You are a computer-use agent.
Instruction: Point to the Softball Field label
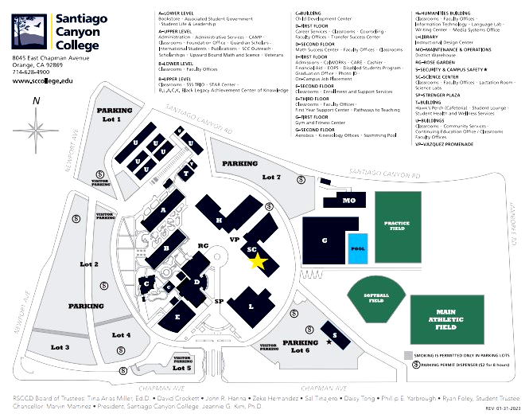[376, 299]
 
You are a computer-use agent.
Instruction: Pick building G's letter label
[325, 240]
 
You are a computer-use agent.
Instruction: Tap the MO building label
[348, 201]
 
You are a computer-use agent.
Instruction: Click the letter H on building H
[219, 220]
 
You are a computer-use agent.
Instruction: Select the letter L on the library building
[251, 306]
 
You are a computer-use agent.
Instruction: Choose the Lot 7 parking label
[271, 177]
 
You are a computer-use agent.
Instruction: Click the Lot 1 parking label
[111, 119]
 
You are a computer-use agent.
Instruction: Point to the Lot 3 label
[60, 347]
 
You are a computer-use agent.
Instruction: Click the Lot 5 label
[182, 368]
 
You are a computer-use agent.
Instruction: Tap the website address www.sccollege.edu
[43, 81]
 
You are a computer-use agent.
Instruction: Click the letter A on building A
[163, 210]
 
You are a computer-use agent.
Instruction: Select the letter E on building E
[177, 316]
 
